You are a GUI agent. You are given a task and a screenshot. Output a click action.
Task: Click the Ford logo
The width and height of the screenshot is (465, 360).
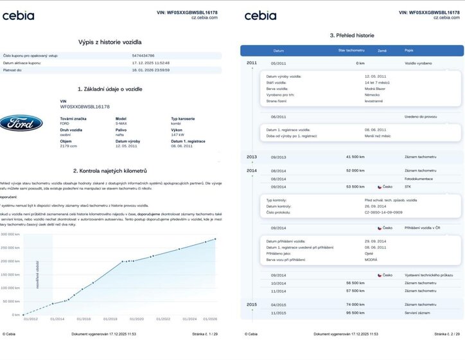(21, 123)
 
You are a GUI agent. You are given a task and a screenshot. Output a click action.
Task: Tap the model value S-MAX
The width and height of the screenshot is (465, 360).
(122, 123)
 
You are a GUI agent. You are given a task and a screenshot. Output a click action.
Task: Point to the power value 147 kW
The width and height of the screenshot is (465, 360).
(179, 135)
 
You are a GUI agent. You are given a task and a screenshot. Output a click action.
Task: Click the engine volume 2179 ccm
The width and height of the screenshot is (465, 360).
(68, 146)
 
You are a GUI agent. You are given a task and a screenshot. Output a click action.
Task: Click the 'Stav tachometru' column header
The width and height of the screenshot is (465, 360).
(351, 50)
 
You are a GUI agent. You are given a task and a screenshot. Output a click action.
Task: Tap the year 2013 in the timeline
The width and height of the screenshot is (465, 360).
(251, 156)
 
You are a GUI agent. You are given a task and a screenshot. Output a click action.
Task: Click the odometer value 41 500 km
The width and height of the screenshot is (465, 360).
(355, 156)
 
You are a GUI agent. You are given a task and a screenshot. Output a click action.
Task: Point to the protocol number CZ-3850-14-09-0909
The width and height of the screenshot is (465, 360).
(383, 212)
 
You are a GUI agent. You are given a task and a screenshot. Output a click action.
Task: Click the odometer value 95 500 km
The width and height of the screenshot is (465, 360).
(355, 312)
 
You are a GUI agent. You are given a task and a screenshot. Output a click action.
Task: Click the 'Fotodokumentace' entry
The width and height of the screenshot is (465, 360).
(418, 179)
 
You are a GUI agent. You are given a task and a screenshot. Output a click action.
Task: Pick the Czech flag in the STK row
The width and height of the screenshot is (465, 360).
(380, 187)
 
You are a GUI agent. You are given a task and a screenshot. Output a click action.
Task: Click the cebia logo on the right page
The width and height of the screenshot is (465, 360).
(260, 15)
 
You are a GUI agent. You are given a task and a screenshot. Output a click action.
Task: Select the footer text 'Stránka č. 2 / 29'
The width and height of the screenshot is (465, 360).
(447, 334)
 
